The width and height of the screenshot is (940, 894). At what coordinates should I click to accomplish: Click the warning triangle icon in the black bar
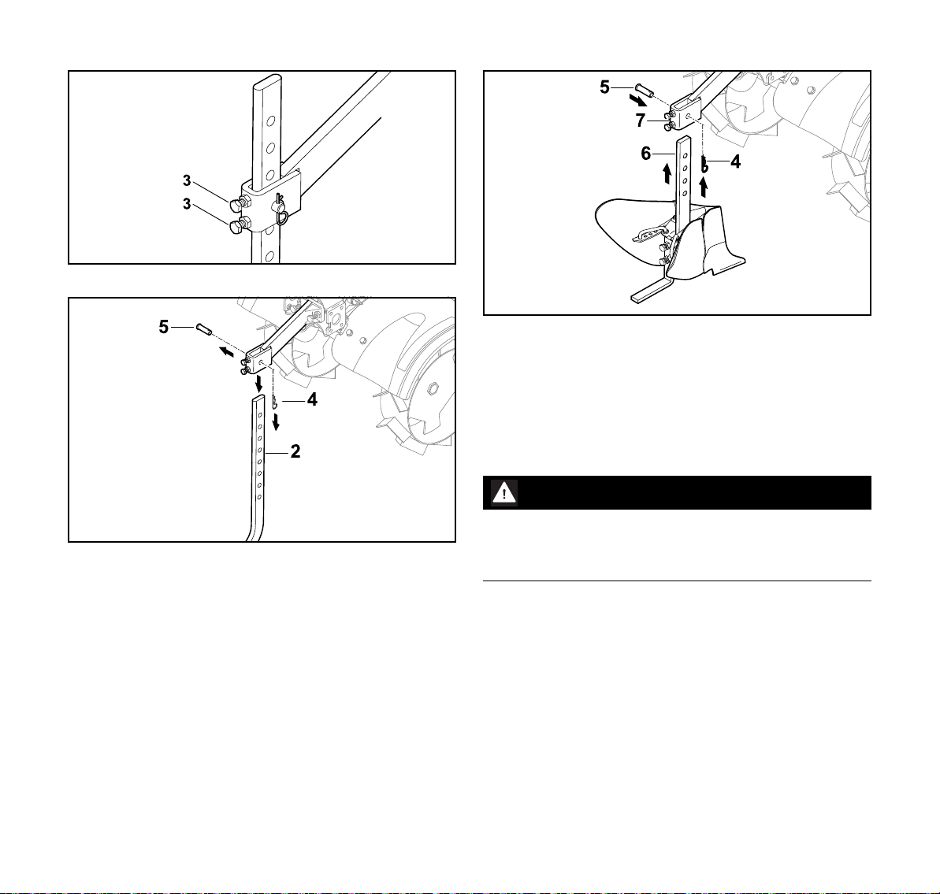[504, 493]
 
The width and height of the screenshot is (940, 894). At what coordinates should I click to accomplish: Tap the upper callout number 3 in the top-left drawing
[187, 180]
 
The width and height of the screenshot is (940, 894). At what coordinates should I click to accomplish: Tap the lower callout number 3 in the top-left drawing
[187, 204]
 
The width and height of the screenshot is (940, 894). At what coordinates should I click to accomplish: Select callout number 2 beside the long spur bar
[295, 451]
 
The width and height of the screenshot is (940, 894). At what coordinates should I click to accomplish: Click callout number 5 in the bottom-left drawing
[164, 327]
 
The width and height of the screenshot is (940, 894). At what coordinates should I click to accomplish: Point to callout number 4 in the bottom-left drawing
[312, 399]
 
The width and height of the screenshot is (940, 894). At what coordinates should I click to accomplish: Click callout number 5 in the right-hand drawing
[605, 87]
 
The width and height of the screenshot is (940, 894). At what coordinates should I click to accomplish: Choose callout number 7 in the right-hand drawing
[641, 121]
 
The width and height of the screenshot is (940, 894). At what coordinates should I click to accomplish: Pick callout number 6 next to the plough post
[645, 154]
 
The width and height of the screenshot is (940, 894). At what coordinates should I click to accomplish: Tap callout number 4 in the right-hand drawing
[736, 161]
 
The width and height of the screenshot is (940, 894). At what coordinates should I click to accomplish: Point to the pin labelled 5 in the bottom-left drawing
[204, 329]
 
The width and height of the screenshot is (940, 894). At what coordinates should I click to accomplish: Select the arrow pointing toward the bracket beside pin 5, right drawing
[638, 99]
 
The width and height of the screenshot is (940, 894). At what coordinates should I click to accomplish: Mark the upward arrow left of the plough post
[667, 174]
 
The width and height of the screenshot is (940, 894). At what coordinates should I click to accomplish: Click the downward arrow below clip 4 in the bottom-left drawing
[276, 421]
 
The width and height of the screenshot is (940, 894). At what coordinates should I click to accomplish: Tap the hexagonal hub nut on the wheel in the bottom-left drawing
[432, 391]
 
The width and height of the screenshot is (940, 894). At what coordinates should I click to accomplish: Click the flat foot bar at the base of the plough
[648, 290]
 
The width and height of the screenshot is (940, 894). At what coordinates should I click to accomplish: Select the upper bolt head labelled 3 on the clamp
[236, 205]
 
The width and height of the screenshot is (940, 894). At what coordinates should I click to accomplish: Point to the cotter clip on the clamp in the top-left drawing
[281, 210]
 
